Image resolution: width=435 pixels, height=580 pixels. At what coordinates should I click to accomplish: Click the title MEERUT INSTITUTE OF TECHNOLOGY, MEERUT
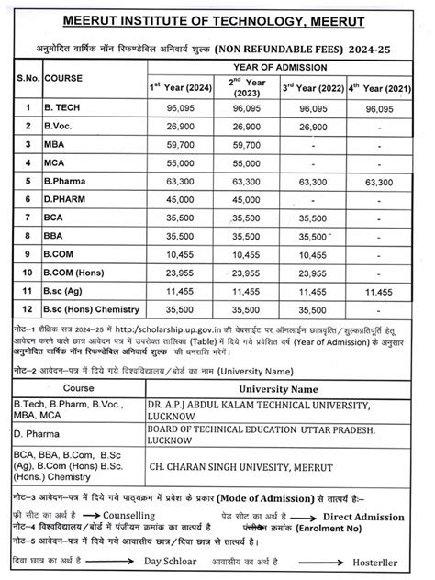pos(217,19)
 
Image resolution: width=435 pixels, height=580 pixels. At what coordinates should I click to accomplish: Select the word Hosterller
pos(386,562)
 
